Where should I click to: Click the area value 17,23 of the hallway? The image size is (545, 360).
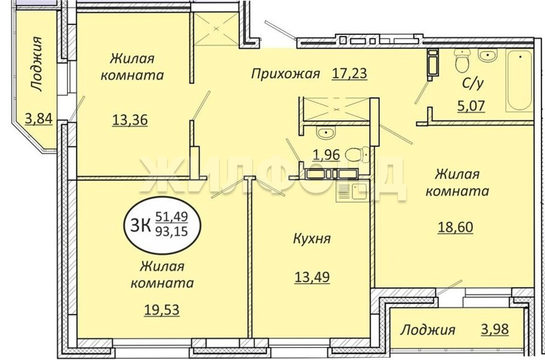349,74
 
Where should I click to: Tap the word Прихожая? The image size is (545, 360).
285,74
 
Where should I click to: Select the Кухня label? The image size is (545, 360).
312,239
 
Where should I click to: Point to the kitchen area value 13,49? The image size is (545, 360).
312,277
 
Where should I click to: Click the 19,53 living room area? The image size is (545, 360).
161,309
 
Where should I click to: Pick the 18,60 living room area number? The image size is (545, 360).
455,227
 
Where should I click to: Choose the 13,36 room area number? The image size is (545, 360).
130,120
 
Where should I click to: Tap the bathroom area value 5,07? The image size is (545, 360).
471,105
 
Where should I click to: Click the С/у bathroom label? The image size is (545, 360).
473,83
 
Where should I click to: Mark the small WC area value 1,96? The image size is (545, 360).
327,155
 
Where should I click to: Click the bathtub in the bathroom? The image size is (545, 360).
519,80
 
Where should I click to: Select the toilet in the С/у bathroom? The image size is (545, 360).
463,60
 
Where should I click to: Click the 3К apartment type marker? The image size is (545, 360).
140,225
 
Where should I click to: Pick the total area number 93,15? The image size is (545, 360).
171,231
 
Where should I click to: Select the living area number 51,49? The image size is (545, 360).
171,217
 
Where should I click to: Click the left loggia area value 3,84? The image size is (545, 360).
38,119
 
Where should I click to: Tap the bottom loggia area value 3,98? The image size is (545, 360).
495,329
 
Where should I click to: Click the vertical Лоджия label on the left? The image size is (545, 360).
36,64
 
